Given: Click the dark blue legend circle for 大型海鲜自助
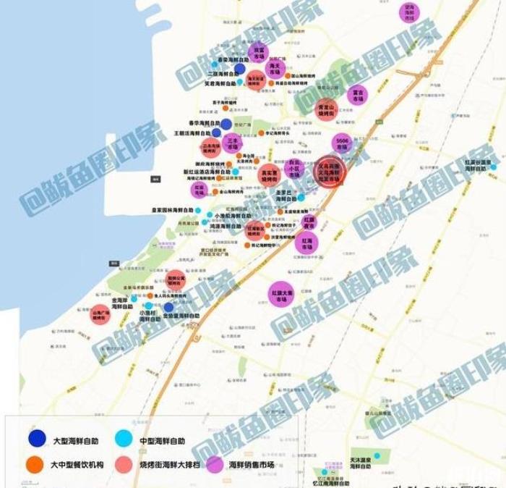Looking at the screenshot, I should (36, 439).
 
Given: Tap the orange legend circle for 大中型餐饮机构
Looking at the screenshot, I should (36, 464).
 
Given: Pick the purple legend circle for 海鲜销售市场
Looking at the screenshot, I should (214, 464).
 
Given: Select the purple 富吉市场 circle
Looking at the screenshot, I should (356, 95).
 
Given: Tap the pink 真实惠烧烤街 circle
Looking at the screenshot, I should (269, 175).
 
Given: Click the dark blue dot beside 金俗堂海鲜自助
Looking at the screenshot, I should (168, 307).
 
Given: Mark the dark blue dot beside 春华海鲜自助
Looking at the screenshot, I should (226, 124).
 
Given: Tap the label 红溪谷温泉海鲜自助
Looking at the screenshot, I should (478, 165).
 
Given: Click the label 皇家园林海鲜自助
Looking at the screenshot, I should (173, 211).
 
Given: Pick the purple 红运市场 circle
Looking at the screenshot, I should (197, 190).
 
